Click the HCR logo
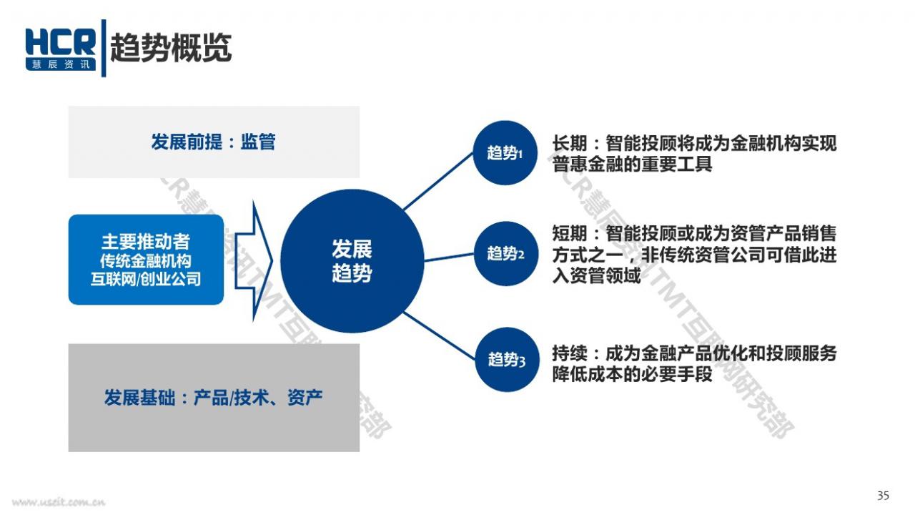(x=61, y=49)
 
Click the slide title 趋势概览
(x=171, y=48)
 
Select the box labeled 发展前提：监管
(x=214, y=142)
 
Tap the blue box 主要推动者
(x=146, y=260)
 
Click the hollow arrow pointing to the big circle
(x=254, y=261)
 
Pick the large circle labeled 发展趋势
(x=352, y=261)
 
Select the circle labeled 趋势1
(x=505, y=153)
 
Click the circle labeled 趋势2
(x=505, y=253)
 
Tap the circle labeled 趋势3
(x=507, y=360)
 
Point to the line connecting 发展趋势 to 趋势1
(x=438, y=182)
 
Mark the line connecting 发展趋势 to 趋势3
(x=440, y=336)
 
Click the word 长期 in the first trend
(x=570, y=144)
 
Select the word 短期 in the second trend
(x=570, y=234)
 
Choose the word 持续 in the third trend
(x=570, y=353)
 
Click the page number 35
(x=883, y=496)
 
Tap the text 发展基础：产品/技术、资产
(x=213, y=397)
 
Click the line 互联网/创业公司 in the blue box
(x=146, y=279)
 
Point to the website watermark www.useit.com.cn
(x=59, y=502)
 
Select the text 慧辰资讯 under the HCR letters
(x=61, y=64)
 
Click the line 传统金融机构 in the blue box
(x=146, y=261)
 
